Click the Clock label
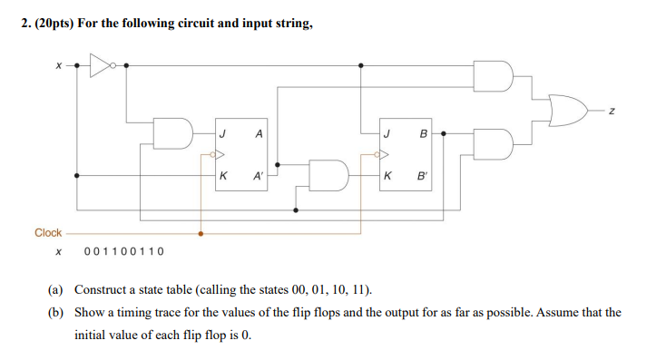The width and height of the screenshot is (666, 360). click(x=48, y=233)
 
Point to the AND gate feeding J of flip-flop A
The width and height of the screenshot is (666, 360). click(x=172, y=133)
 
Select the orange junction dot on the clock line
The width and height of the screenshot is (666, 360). click(x=201, y=233)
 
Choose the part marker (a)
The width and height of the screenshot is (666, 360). click(x=56, y=290)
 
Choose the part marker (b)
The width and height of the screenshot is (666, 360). click(x=56, y=313)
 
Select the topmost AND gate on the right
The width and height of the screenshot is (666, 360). click(x=495, y=77)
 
